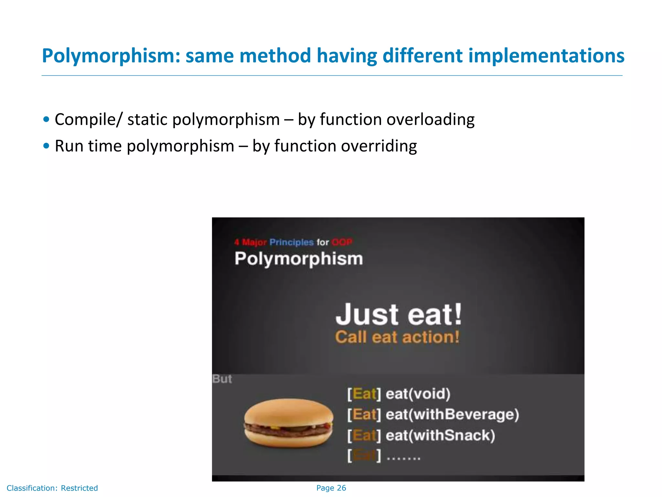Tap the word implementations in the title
546,56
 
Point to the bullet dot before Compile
46,119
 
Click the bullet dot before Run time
46,146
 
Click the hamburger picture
288,423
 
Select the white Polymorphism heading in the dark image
299,259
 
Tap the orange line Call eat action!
397,337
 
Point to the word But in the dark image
222,379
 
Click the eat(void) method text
418,394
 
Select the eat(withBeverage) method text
452,414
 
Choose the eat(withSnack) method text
440,435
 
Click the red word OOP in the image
342,242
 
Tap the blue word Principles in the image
292,242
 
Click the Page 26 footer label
331,488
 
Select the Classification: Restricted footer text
52,488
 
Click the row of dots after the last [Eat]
403,458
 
